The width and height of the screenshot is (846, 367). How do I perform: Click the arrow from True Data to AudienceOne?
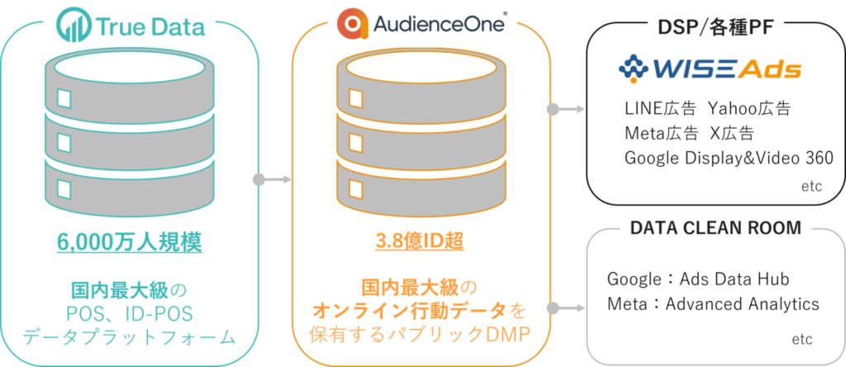click(x=273, y=179)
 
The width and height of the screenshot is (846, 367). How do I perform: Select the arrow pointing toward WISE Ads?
click(x=567, y=109)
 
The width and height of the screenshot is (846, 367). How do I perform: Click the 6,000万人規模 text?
click(x=131, y=243)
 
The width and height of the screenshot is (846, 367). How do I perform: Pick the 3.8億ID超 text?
click(x=420, y=243)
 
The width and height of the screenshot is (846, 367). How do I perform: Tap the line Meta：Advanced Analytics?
click(x=712, y=303)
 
